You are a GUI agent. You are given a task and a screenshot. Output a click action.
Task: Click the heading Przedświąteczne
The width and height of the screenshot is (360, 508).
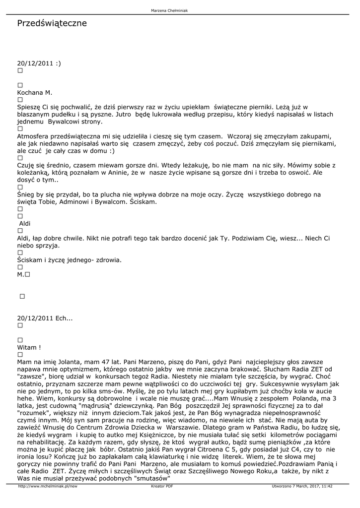point(52,23)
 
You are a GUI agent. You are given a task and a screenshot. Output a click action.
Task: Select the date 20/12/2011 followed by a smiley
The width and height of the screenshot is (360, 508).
point(39,63)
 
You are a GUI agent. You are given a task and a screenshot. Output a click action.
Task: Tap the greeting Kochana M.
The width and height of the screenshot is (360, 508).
point(34,92)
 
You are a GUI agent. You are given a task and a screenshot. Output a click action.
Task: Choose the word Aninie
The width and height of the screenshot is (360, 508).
point(113,172)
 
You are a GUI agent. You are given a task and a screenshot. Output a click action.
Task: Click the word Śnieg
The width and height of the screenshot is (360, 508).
point(26,194)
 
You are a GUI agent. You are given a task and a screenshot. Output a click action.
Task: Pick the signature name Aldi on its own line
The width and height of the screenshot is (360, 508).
point(24,223)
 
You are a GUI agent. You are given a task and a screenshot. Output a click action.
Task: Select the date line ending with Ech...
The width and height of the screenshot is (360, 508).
point(45,318)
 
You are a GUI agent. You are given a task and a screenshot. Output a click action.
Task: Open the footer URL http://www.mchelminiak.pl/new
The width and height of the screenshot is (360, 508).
point(47,487)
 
